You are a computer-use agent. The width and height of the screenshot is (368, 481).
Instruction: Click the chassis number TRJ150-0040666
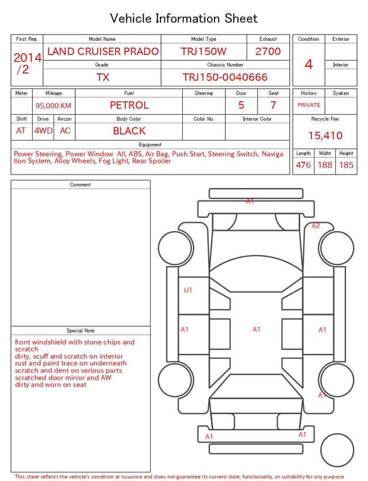(225, 77)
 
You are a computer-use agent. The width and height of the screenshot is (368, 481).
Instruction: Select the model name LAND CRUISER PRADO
(103, 51)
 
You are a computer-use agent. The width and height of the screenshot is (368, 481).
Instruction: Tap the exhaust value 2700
(268, 51)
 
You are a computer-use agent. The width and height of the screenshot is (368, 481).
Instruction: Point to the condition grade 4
(309, 65)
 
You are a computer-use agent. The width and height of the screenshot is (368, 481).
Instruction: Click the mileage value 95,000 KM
(53, 105)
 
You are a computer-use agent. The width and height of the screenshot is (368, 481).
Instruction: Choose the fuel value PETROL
(129, 105)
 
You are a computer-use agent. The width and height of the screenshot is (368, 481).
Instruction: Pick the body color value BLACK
(129, 131)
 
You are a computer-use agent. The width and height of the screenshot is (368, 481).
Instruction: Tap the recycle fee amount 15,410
(325, 135)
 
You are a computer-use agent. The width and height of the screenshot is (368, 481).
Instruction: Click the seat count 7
(273, 105)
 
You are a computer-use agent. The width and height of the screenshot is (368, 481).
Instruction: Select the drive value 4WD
(43, 131)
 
